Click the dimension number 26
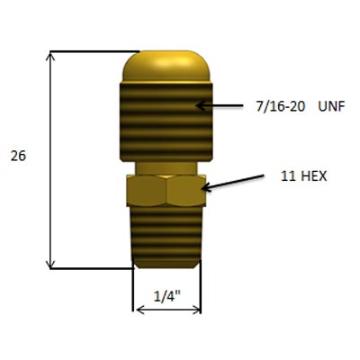18,156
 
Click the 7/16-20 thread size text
281,106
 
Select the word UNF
331,106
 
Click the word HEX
313,176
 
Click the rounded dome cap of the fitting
166,67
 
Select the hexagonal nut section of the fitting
166,190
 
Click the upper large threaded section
166,122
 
